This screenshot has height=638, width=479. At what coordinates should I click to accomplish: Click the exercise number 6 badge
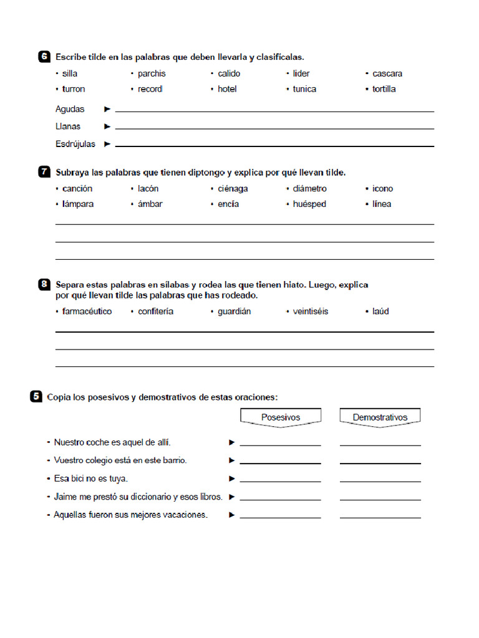pos(44,57)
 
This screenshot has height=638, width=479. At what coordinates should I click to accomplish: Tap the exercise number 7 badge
pos(44,172)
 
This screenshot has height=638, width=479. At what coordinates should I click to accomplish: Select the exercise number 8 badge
pos(44,285)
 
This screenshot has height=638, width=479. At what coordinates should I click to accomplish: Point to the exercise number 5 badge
pos(36,396)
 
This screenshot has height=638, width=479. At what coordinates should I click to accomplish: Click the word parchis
pos(152,74)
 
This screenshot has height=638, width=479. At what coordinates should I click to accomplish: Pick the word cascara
pos(387,74)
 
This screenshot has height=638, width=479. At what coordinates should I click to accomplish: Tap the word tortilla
pos(384,89)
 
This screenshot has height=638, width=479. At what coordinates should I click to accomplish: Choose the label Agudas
pos(70,109)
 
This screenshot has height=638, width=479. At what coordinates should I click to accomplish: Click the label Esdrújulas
pos(75,144)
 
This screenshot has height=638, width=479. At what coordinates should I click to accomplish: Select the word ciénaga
pos(233,189)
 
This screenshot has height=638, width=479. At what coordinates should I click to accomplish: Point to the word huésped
pos(309,204)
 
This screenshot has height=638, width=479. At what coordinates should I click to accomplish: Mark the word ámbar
pos(150,204)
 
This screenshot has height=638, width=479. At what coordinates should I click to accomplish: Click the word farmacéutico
pos(87,312)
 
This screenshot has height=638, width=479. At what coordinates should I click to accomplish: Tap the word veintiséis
pos(310,312)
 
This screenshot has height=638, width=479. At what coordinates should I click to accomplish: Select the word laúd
pos(380,312)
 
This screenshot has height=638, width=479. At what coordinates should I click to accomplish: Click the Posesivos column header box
pos(281,417)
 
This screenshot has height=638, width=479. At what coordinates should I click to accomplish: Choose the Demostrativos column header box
pos(380,417)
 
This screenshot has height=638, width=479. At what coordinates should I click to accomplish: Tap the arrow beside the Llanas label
pos(107,126)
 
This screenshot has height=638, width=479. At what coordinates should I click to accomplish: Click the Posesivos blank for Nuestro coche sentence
pos(280,443)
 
